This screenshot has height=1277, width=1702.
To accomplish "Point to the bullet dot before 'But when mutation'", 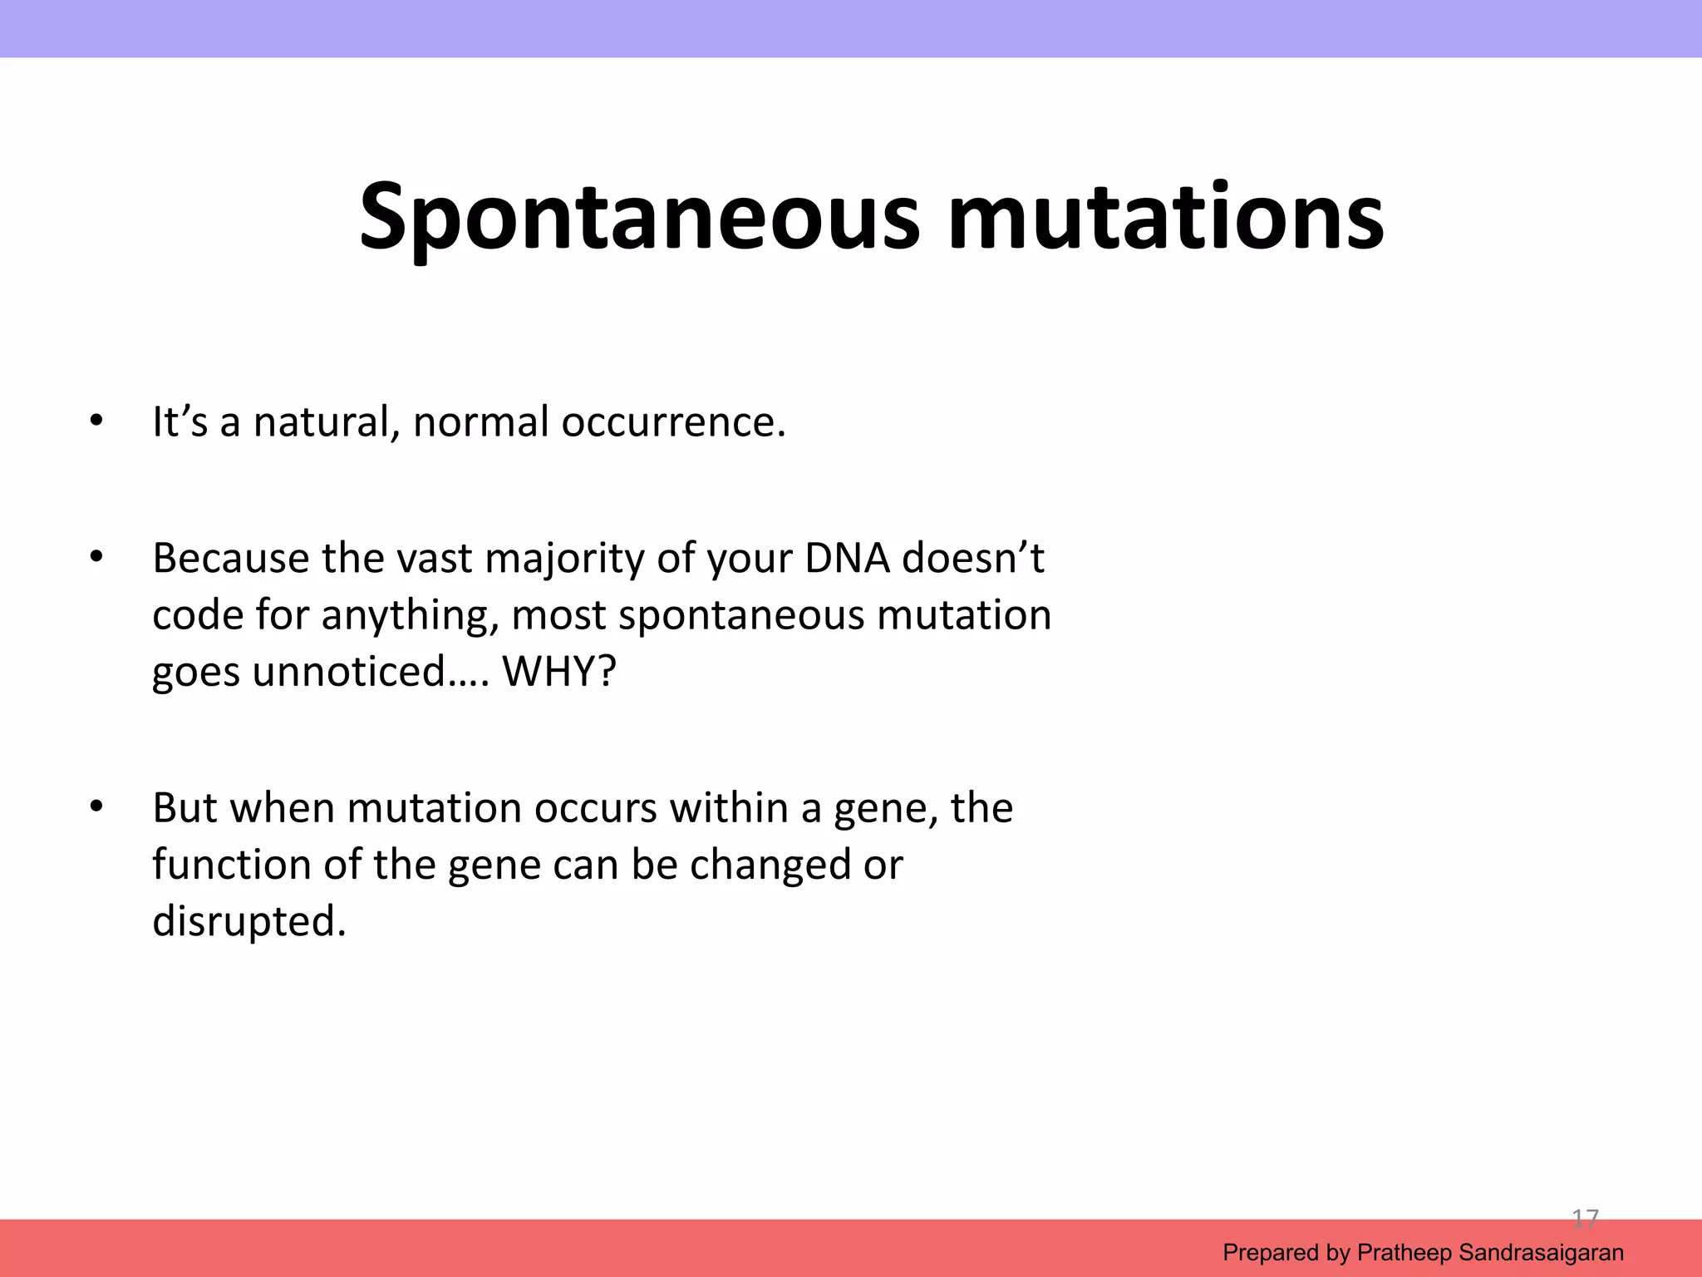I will click(96, 806).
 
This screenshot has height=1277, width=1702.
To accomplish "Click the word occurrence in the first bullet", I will click(673, 422).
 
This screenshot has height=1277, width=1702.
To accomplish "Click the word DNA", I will click(847, 558).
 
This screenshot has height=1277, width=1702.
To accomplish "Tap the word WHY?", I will click(560, 671).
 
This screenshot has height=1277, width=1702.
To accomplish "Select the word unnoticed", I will click(349, 671).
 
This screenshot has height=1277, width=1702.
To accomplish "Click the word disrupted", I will click(248, 921).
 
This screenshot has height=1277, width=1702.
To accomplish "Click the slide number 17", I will click(1585, 1219).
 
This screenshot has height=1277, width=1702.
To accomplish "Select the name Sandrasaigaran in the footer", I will click(1541, 1253).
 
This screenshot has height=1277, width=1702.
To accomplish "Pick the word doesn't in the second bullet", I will click(973, 558).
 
